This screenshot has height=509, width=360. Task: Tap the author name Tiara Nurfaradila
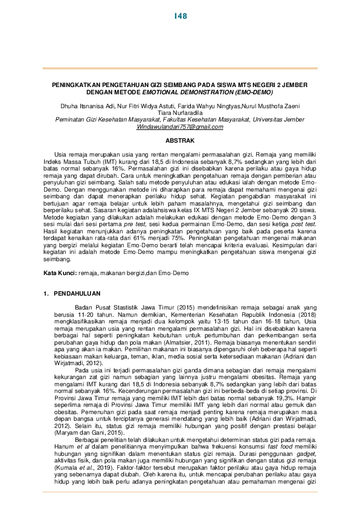coord(180,112)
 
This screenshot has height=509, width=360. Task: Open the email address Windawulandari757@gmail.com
coord(180,126)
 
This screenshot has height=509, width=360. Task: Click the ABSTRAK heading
coord(180,141)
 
